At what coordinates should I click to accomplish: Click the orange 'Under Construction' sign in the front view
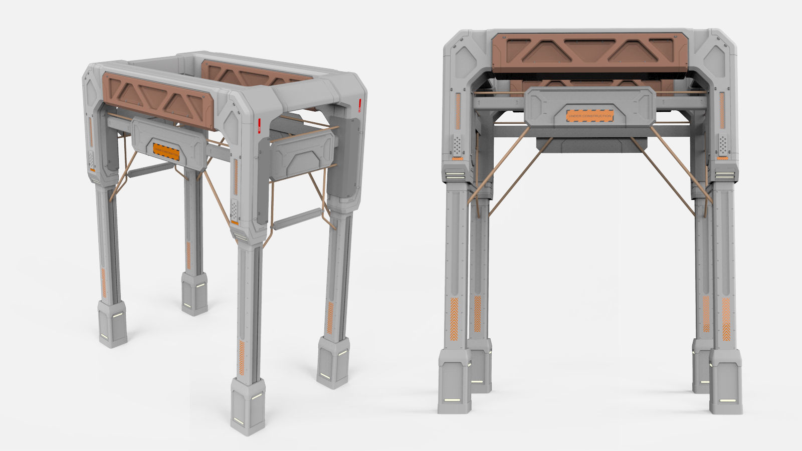click(590, 115)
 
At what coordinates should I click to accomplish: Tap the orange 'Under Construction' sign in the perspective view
click(166, 151)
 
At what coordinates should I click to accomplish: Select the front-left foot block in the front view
click(454, 382)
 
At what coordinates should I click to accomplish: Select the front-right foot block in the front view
click(726, 382)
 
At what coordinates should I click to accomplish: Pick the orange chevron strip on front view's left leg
click(455, 316)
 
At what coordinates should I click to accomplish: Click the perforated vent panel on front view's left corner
click(458, 145)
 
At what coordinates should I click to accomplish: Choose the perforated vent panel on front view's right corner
click(722, 145)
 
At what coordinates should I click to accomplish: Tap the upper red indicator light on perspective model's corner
click(360, 103)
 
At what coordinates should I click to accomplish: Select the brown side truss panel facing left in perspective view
click(158, 98)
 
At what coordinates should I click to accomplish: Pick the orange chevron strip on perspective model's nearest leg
click(242, 356)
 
